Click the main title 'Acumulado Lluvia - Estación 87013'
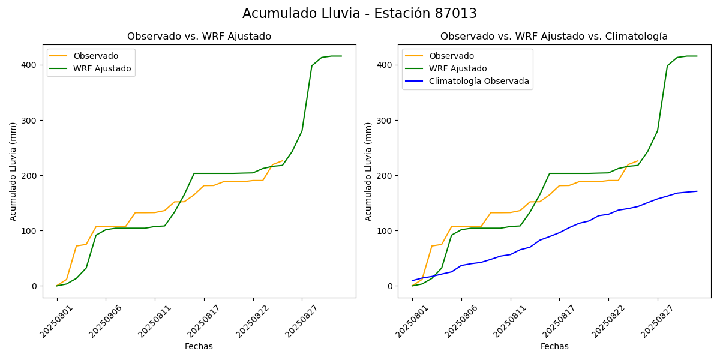click(x=359, y=13)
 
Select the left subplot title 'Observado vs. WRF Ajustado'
click(x=199, y=37)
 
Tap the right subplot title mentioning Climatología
click(x=554, y=37)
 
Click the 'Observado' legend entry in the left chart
click(x=95, y=56)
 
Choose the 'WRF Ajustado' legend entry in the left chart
click(x=102, y=68)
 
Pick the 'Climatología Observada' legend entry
click(x=479, y=82)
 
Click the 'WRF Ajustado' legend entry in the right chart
click(x=457, y=68)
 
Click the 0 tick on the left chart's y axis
click(x=35, y=286)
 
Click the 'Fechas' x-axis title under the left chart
click(x=199, y=346)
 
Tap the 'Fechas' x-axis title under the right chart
click(x=554, y=346)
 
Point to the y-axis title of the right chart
click(x=368, y=171)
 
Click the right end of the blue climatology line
click(x=697, y=191)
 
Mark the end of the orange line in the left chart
click(x=283, y=161)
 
